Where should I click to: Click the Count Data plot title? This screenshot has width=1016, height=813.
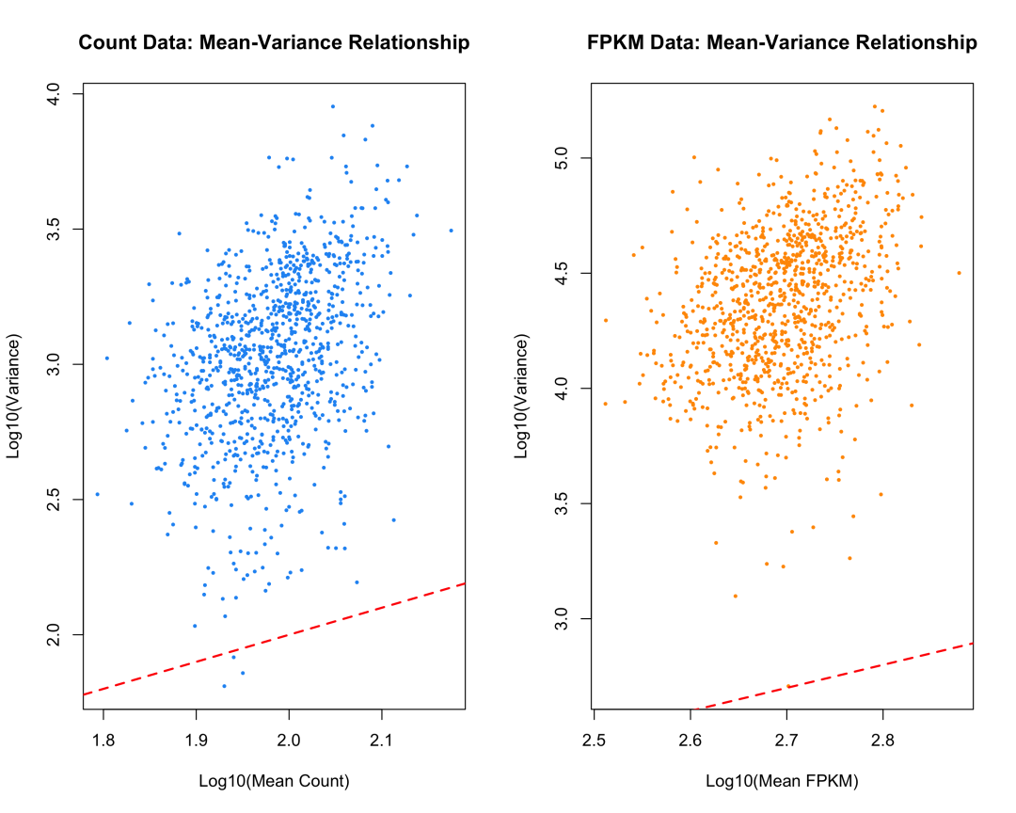[x=274, y=43]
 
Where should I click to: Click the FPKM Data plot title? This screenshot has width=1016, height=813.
[x=782, y=43]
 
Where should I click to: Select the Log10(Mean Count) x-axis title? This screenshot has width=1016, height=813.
[x=274, y=781]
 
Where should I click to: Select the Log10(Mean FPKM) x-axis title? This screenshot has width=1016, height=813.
[x=782, y=781]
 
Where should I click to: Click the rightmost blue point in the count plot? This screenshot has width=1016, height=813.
[x=451, y=230]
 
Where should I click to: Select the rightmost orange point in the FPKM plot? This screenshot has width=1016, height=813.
[x=959, y=273]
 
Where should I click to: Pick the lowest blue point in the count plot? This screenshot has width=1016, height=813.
[x=224, y=686]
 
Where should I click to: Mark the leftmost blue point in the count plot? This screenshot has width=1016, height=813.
[x=97, y=494]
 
